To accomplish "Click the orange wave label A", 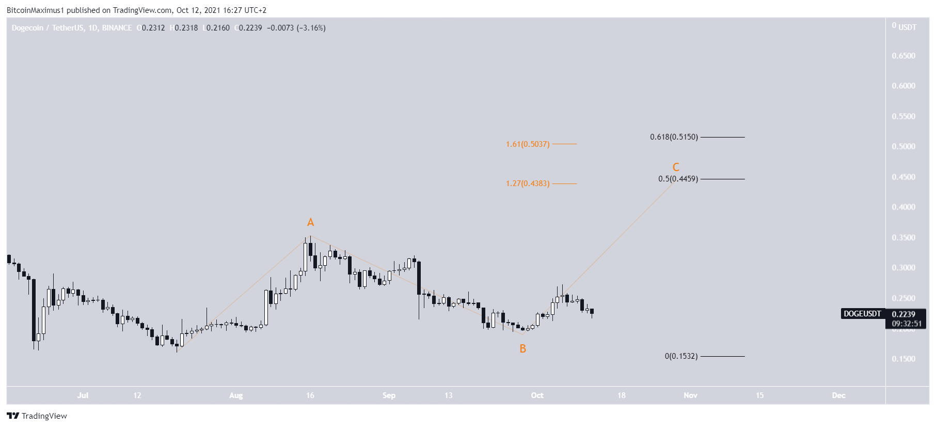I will point(310,222).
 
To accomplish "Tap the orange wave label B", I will point(523,349).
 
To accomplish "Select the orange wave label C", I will point(676,167).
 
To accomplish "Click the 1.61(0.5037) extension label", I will point(528,144).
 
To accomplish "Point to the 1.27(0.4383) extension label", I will point(528,184).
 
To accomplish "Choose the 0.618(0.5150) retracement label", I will point(674,137).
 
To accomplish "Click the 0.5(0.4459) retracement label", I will point(678,179).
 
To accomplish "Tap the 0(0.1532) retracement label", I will point(681,356).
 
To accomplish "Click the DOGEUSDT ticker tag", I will point(862,314).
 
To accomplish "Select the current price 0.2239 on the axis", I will point(903,314).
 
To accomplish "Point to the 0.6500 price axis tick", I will point(903,56).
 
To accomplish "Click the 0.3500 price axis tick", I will point(903,238).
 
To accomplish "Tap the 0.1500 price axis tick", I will point(903,359).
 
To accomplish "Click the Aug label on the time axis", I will point(236,395).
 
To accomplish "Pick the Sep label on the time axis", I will point(389,395).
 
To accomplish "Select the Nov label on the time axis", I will point(690,395).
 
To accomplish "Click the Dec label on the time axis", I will point(838,395).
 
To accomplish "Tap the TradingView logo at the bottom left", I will point(37,416).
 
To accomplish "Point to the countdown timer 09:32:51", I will point(907,324).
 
